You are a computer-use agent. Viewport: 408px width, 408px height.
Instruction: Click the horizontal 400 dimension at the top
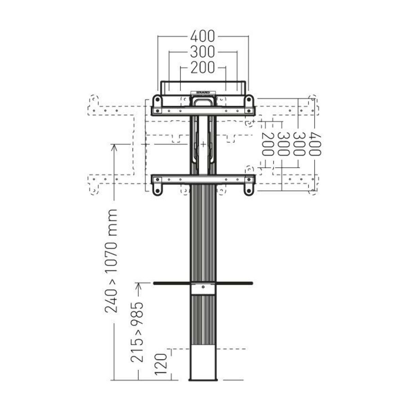tap(203, 35)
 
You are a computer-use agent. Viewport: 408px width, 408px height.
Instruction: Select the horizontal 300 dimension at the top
tap(203, 52)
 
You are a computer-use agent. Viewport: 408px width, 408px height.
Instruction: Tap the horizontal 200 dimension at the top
tap(203, 68)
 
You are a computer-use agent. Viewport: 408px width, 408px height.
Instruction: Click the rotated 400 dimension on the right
tap(315, 144)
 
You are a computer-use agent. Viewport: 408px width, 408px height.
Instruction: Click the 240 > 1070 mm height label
tap(112, 261)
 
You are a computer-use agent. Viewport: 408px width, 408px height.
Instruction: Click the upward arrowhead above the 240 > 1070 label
tap(114, 147)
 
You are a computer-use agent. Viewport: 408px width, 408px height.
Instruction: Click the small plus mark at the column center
tap(203, 144)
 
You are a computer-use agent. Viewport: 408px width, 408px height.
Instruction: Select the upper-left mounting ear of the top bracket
tap(157, 100)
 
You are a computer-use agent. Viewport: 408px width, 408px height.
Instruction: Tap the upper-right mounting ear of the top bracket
tap(249, 100)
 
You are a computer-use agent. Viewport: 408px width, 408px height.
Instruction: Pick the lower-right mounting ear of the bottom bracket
tap(249, 189)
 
